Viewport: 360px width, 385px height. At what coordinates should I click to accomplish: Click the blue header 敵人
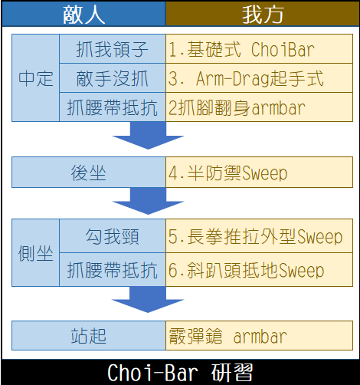(x=83, y=14)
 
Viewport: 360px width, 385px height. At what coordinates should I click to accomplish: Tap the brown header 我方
(x=263, y=14)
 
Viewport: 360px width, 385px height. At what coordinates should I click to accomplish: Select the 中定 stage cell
(x=36, y=77)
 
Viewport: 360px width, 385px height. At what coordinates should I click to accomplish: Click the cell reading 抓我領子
(x=113, y=48)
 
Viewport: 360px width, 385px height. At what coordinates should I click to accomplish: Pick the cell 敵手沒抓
(x=113, y=77)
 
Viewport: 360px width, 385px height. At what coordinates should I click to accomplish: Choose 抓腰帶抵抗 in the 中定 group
(x=113, y=107)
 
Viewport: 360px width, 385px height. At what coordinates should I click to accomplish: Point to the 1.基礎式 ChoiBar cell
(x=259, y=48)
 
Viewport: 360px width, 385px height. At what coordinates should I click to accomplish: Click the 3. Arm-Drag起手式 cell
(x=259, y=77)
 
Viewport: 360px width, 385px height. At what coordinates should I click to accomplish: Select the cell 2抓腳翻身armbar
(x=259, y=107)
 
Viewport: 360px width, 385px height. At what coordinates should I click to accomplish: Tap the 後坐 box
(x=89, y=173)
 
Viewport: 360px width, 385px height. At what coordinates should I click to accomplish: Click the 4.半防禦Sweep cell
(x=259, y=173)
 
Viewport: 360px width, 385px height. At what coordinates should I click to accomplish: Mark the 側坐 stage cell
(x=36, y=252)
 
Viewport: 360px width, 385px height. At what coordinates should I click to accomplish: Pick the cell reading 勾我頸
(x=113, y=235)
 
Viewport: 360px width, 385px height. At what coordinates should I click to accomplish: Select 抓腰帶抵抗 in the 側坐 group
(x=113, y=270)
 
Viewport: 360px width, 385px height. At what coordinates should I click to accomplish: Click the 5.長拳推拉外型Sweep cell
(x=259, y=235)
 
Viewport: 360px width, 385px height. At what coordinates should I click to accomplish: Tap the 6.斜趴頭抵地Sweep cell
(x=259, y=270)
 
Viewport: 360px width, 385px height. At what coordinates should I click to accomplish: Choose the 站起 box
(x=89, y=335)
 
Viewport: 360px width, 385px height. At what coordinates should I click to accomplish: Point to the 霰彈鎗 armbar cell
(x=259, y=335)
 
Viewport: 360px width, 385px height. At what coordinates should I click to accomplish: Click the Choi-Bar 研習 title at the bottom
(x=180, y=372)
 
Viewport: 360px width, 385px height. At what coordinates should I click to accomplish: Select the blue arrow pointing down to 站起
(x=148, y=299)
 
